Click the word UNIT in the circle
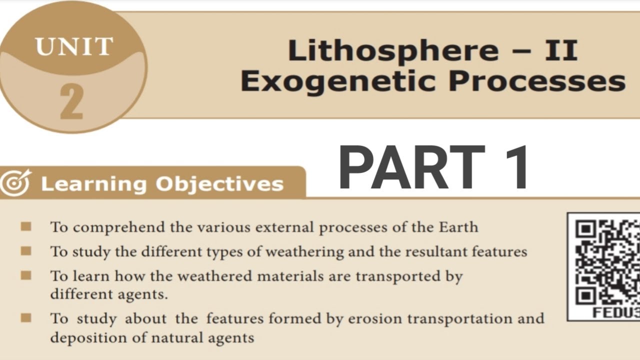tap(73, 46)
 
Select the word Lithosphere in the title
tap(393, 51)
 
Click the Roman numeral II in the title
tap(563, 51)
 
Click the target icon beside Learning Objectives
tap(15, 183)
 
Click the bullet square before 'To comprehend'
tap(26, 227)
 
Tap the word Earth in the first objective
tap(458, 227)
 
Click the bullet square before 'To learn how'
tap(26, 275)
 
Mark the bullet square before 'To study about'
tap(26, 317)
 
